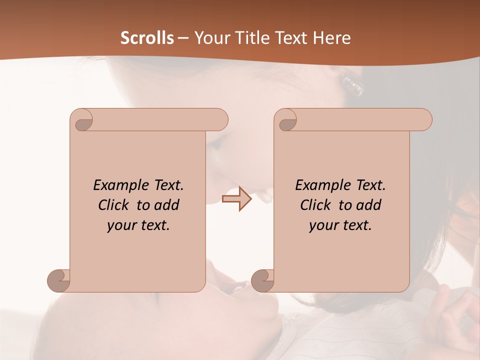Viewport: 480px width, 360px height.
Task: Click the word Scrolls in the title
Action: point(147,38)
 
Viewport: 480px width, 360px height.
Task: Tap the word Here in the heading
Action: point(331,38)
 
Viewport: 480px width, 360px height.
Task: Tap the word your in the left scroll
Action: point(121,225)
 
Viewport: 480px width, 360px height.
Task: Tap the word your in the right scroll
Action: point(323,225)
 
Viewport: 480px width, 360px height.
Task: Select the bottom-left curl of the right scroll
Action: point(262,280)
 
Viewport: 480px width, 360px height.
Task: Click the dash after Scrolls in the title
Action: point(183,38)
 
